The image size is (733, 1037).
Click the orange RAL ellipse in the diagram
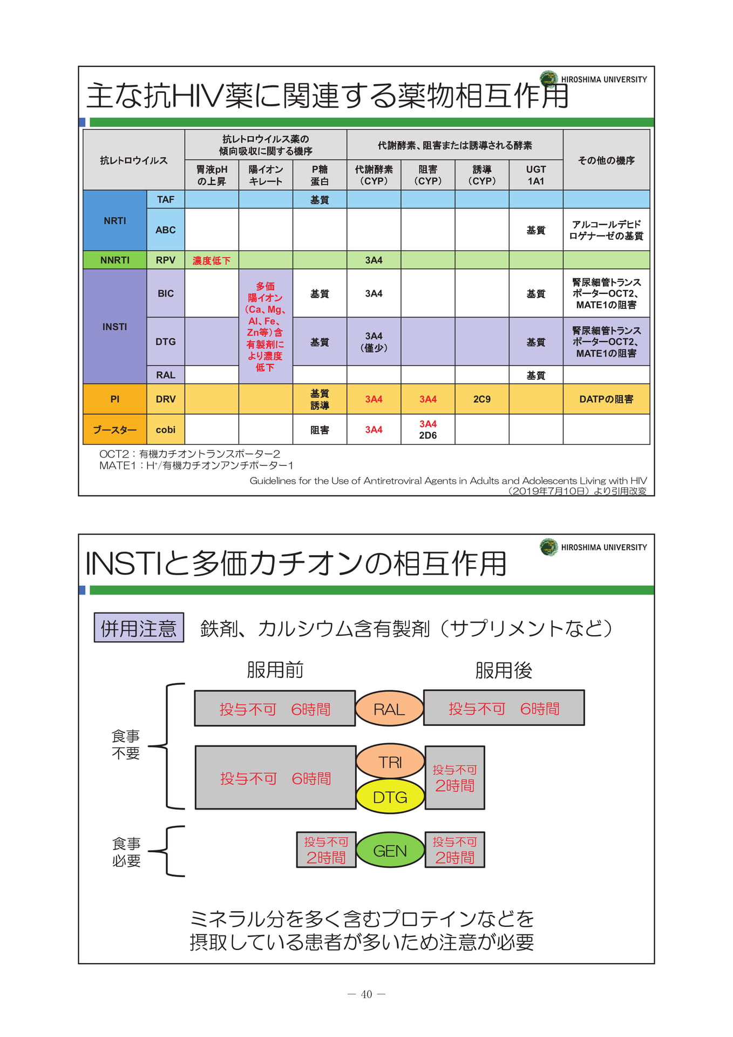click(x=389, y=709)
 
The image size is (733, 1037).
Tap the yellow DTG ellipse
click(x=390, y=797)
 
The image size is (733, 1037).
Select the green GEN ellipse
click(x=390, y=850)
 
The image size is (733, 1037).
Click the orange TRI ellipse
click(x=390, y=762)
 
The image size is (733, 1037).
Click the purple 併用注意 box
click(x=139, y=628)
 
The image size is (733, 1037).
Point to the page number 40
click(x=366, y=994)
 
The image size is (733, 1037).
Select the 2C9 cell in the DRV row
click(x=482, y=399)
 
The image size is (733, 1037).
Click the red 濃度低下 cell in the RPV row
click(x=212, y=260)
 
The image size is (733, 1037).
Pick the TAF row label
click(x=166, y=199)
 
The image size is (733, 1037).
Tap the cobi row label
click(x=166, y=429)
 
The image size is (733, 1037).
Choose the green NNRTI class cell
click(x=115, y=260)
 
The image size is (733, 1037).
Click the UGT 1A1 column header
click(x=536, y=175)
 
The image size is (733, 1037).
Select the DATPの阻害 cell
click(x=606, y=399)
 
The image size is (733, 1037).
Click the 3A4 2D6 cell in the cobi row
click(x=428, y=429)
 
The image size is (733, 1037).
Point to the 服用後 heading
click(x=504, y=670)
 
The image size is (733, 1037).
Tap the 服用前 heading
click(x=275, y=670)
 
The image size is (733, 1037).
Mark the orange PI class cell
click(x=115, y=399)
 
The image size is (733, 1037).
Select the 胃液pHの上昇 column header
click(x=212, y=175)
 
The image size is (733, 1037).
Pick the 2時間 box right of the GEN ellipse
click(x=455, y=850)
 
